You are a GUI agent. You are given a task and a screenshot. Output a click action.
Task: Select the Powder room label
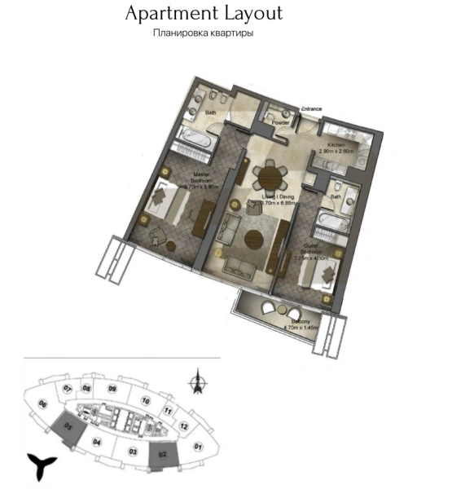coord(281,123)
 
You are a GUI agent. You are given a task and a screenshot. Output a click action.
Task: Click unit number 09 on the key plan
coord(112,390)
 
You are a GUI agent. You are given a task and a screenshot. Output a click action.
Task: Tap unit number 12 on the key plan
coord(184,426)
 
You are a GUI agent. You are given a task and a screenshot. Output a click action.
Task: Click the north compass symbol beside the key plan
coord(195,381)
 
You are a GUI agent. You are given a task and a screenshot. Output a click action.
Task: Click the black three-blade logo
coord(40,466)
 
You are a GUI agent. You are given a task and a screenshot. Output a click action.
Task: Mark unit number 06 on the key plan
coord(42,404)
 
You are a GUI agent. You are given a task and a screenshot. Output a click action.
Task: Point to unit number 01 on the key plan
coord(197,447)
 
